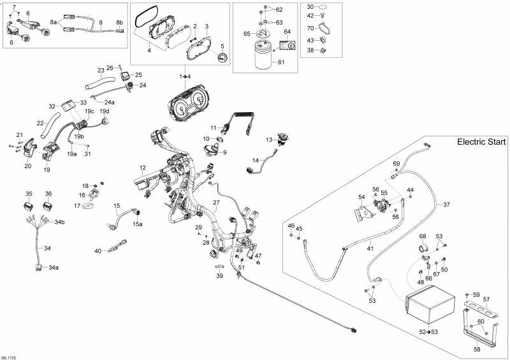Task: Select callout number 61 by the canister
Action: [281, 62]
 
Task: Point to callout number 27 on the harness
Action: [216, 203]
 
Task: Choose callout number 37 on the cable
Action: [446, 205]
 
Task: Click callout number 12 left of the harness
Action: [143, 168]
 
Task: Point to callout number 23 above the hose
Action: [101, 70]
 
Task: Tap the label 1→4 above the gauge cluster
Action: [185, 76]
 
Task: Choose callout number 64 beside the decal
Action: [287, 31]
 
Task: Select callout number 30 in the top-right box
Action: [310, 7]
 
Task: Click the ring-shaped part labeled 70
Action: [324, 27]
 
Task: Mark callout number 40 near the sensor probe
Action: [98, 251]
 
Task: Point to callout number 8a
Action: [54, 22]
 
